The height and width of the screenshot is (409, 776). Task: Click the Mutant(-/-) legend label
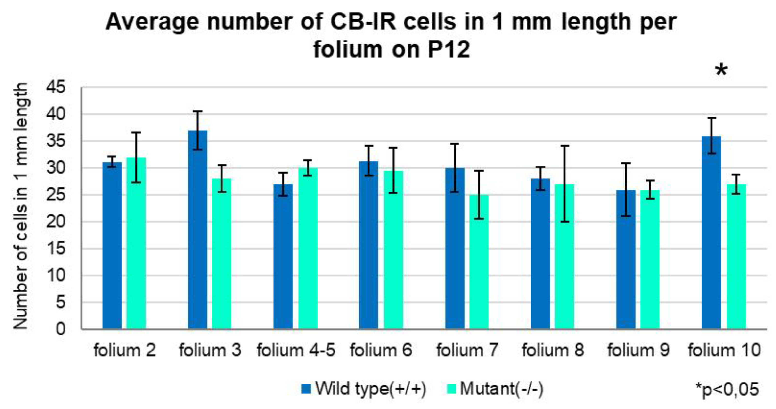coord(502,389)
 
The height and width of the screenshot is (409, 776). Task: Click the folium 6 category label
coord(381,350)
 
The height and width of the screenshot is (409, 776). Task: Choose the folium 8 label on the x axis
coord(553,350)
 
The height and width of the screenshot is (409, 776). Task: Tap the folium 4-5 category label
coord(296,350)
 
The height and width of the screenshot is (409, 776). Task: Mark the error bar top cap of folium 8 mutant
coord(564,146)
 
